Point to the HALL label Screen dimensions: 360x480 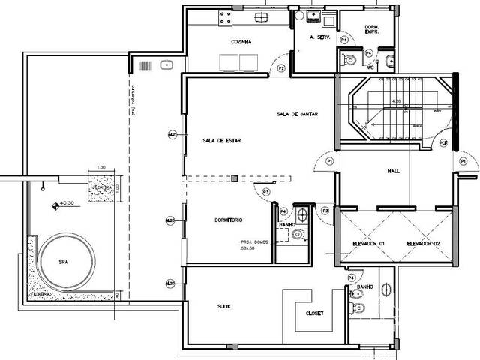[393, 170]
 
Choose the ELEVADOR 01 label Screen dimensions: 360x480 [368, 244]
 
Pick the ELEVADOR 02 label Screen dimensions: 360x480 [422, 244]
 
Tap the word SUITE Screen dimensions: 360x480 [223, 307]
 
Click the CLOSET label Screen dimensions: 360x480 [314, 313]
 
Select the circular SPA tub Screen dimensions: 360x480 [67, 262]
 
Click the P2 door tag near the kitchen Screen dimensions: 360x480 [281, 67]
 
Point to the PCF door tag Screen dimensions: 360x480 [442, 142]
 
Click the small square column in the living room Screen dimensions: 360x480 [235, 178]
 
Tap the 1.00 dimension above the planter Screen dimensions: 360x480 [101, 168]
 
